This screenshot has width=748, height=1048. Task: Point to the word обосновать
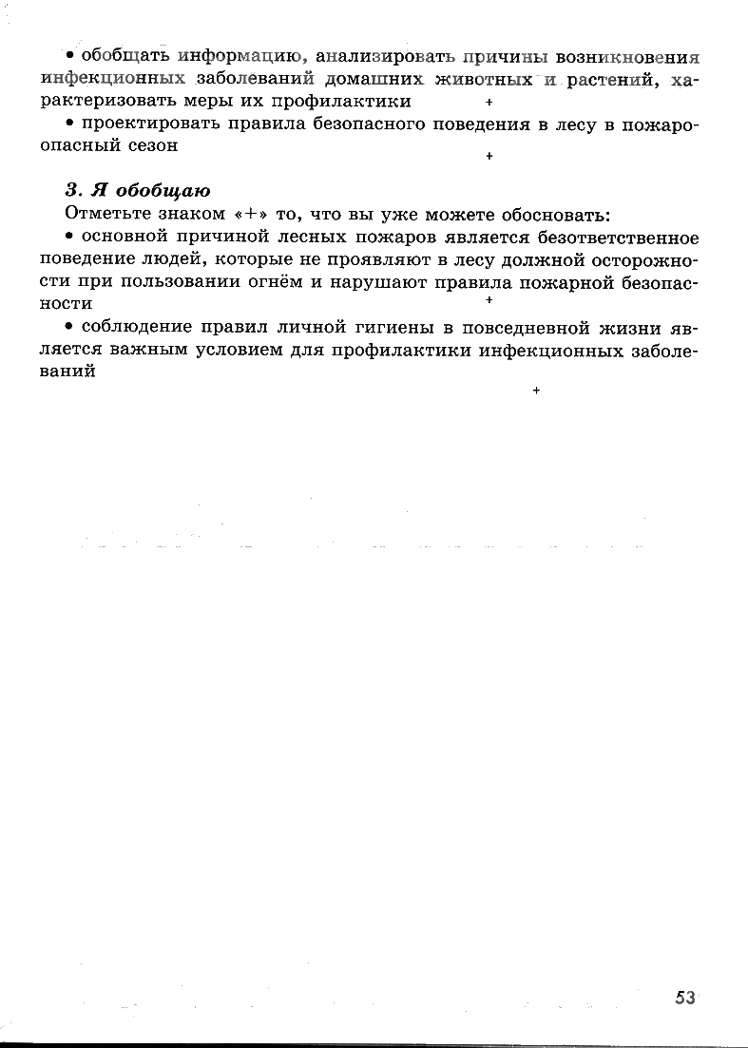click(x=558, y=213)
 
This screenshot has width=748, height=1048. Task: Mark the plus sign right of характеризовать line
click(x=488, y=102)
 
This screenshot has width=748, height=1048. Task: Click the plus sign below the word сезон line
click(x=488, y=156)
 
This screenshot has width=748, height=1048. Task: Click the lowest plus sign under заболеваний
click(x=537, y=391)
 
